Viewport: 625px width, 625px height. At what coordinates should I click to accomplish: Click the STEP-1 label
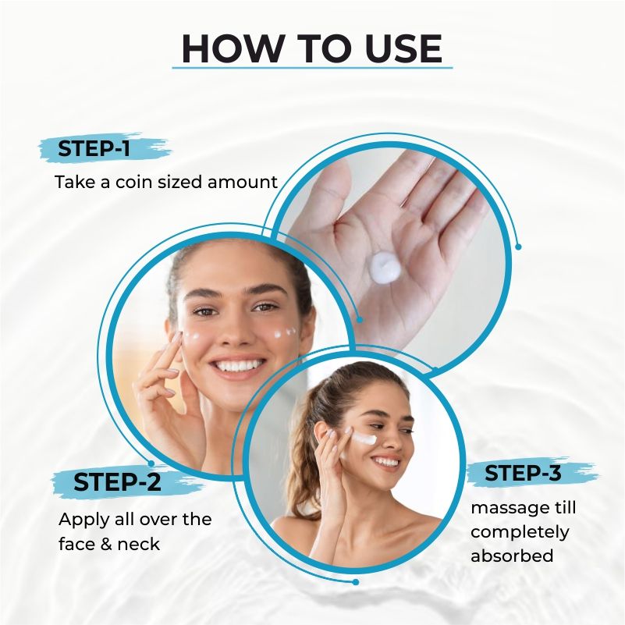coord(94,149)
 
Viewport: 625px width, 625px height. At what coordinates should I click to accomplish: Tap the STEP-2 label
coord(117,481)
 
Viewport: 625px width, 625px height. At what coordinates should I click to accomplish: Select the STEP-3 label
coord(523,473)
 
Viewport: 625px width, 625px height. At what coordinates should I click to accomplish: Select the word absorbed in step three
coord(512,556)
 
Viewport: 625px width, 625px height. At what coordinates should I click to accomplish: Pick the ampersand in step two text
coord(106,545)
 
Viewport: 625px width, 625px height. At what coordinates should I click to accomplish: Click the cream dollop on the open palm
coord(384,267)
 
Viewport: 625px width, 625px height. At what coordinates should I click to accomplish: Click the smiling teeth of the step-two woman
coord(238,365)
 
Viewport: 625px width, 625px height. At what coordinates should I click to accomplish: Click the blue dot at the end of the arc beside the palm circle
coord(518,247)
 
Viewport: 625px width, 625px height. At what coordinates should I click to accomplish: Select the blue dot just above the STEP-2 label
coord(151,463)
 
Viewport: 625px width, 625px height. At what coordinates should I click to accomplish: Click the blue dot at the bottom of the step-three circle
coord(356,582)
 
